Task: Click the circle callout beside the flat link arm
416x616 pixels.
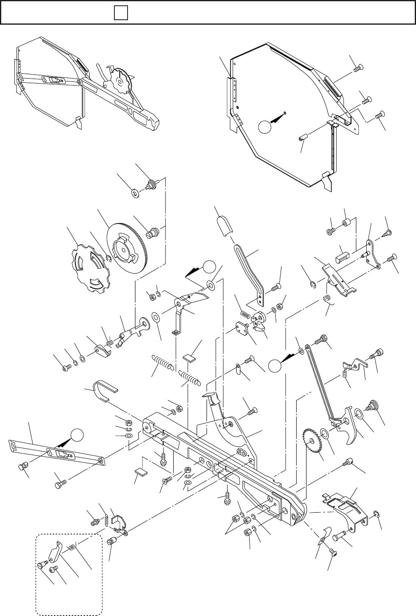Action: pos(78,435)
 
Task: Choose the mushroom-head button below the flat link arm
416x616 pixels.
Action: pos(23,466)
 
